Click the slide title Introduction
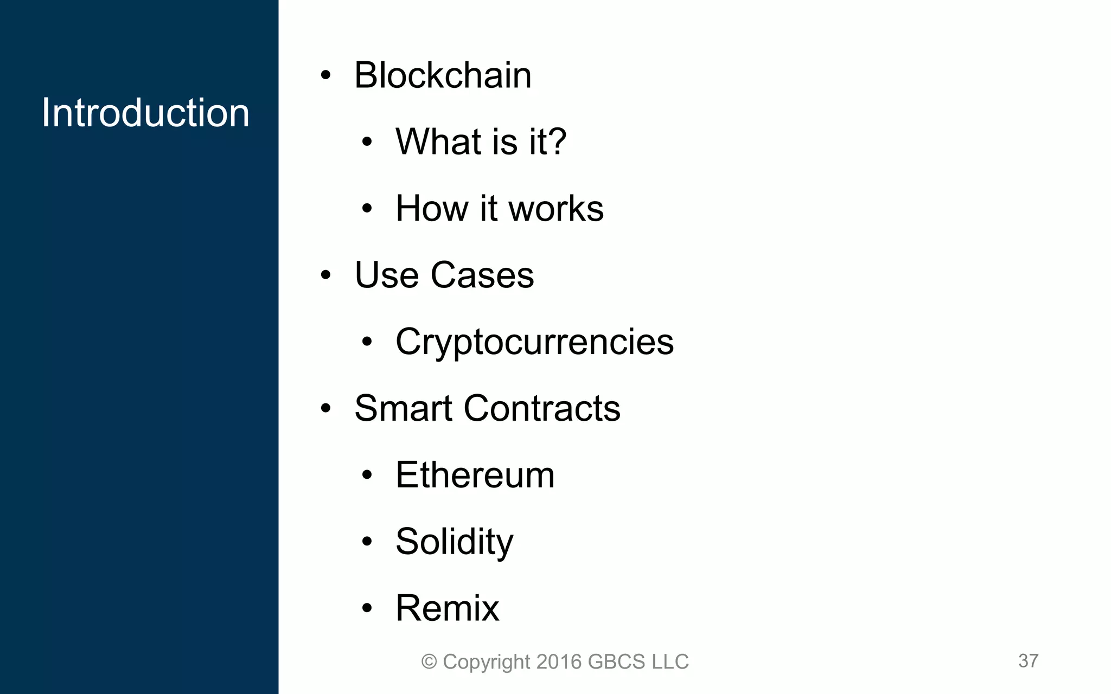tap(145, 113)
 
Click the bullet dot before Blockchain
tap(325, 75)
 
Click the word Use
tap(386, 275)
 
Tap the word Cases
tap(482, 275)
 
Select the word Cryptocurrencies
tap(534, 342)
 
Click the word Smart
tap(403, 408)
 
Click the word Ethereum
tap(475, 475)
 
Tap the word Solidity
tap(454, 542)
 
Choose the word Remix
tap(447, 608)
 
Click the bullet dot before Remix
tap(367, 608)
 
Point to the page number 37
tap(1028, 661)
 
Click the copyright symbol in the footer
tap(429, 662)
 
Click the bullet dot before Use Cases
tap(325, 275)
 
